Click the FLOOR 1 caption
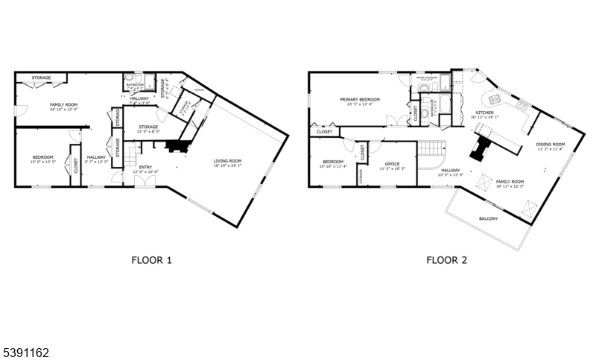pyautogui.click(x=152, y=261)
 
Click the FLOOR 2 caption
pyautogui.click(x=446, y=261)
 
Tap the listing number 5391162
pyautogui.click(x=26, y=350)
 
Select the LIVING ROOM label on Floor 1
pyautogui.click(x=227, y=160)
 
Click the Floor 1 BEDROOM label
pyautogui.click(x=42, y=157)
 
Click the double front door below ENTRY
pyautogui.click(x=146, y=185)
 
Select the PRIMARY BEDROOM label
pyautogui.click(x=360, y=99)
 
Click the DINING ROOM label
pyautogui.click(x=551, y=144)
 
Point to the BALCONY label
pyautogui.click(x=488, y=218)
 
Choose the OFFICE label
pyautogui.click(x=393, y=164)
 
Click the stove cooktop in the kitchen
pyautogui.click(x=492, y=98)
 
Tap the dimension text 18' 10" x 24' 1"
pyautogui.click(x=227, y=165)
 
